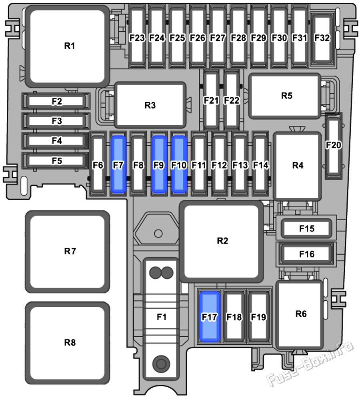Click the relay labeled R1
[x=68, y=46]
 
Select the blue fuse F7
[x=118, y=165]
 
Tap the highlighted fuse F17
[x=210, y=317]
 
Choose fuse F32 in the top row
[x=322, y=38]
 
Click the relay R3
[x=150, y=105]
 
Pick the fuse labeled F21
[x=211, y=100]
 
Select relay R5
[x=285, y=96]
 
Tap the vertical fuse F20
[x=334, y=147]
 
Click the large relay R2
[x=222, y=241]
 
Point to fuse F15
[x=306, y=229]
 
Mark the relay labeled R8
[x=68, y=343]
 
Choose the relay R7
[x=68, y=251]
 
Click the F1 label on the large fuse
[x=162, y=317]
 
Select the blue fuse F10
[x=179, y=165]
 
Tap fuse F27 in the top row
[x=218, y=38]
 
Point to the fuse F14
[x=260, y=165]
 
